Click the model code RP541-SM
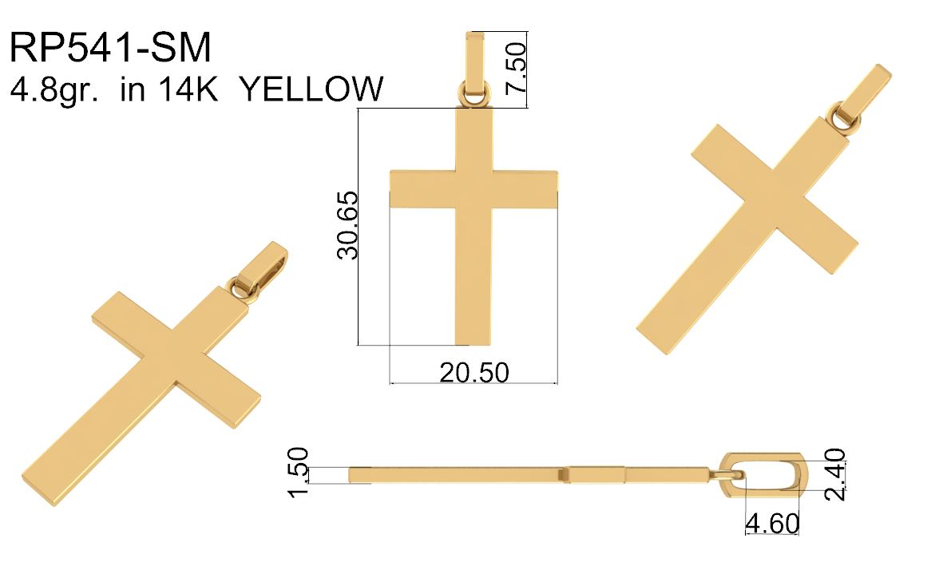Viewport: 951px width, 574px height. tap(110, 47)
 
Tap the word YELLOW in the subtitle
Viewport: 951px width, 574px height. tap(311, 89)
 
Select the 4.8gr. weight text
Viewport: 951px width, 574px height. tap(54, 90)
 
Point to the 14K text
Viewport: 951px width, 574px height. tap(188, 89)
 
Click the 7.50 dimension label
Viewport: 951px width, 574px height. tap(516, 67)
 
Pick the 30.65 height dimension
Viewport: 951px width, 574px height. tap(348, 225)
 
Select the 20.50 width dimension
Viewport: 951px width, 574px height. tap(474, 372)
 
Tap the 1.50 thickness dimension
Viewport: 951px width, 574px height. tap(298, 471)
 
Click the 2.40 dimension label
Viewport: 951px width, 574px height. tap(835, 474)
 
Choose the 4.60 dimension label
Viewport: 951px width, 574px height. tap(772, 523)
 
